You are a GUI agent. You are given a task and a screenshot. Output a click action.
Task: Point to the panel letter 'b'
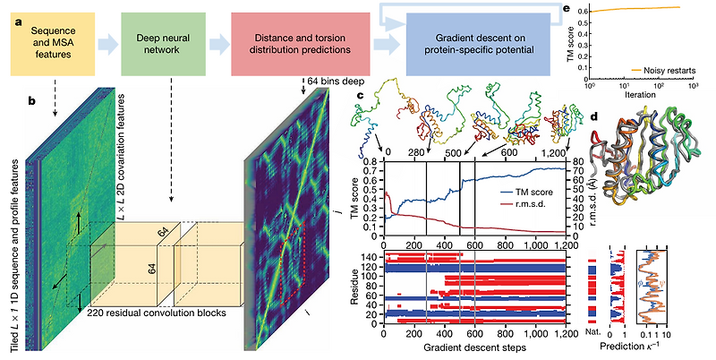(x=33, y=99)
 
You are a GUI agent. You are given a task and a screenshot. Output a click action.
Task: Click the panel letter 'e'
(x=567, y=8)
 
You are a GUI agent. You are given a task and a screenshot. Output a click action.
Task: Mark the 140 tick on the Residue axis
(x=371, y=255)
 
